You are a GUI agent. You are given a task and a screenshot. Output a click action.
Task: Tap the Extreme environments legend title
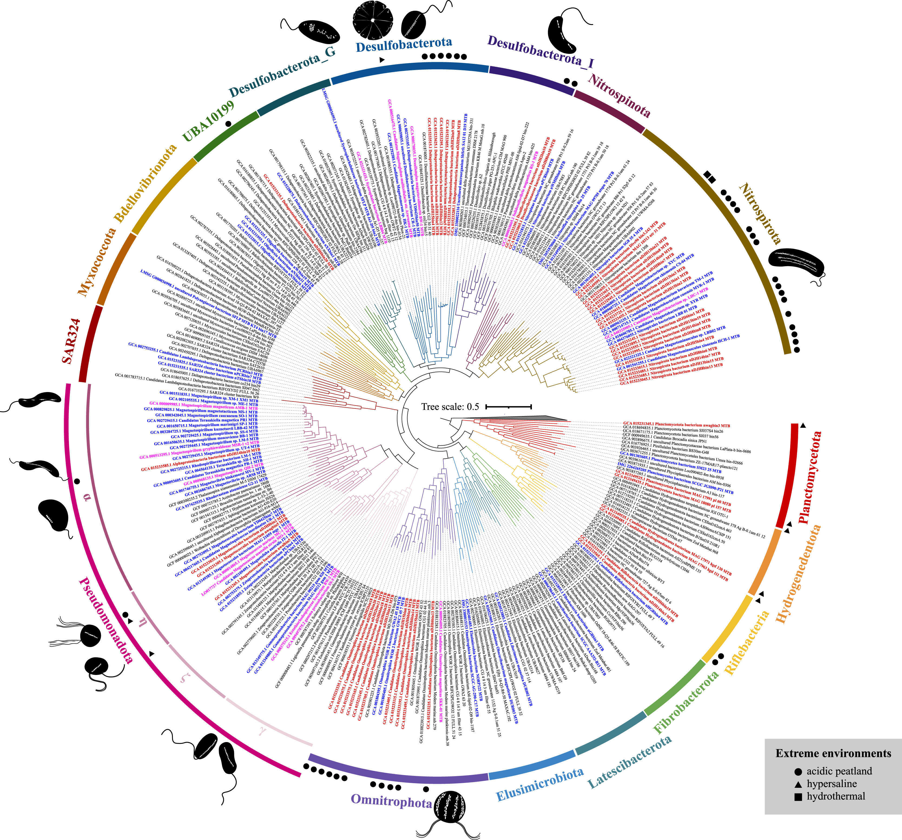point(833,753)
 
